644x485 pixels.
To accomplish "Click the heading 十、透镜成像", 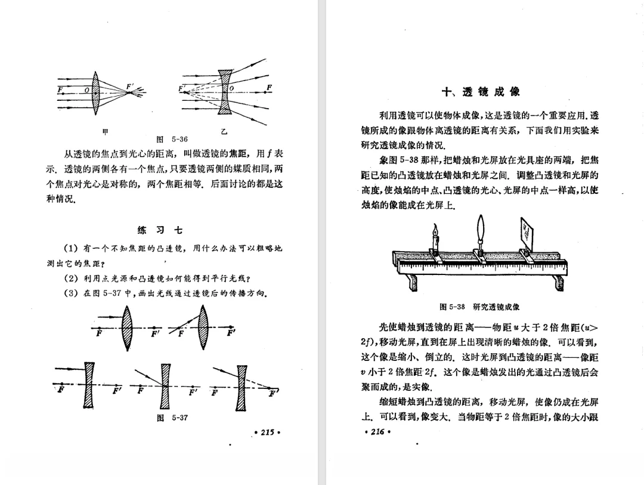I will tap(480, 91).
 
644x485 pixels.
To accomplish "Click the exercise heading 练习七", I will tap(160, 230).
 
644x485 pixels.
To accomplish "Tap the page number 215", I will tap(267, 432).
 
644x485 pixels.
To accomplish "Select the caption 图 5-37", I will tap(172, 418).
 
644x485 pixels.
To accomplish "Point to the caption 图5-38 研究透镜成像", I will tap(479, 307).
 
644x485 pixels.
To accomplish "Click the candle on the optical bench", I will tap(435, 243).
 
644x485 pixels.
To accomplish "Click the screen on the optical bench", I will tap(527, 230).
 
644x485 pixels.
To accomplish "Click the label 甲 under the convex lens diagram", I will tap(106, 131).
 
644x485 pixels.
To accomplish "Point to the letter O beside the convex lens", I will tap(87, 89).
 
